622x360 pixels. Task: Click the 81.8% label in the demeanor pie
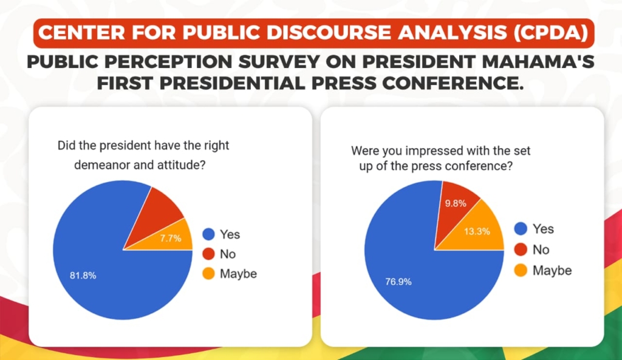pyautogui.click(x=83, y=275)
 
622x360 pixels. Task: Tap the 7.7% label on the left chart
pyautogui.click(x=171, y=239)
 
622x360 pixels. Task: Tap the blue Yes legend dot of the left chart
pyautogui.click(x=208, y=234)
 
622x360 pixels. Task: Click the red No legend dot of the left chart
pyautogui.click(x=208, y=254)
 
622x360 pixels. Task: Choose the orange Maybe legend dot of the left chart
pyautogui.click(x=208, y=274)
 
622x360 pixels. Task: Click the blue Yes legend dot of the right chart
pyautogui.click(x=521, y=229)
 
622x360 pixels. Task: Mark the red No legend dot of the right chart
pyautogui.click(x=521, y=250)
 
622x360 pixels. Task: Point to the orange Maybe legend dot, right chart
pyautogui.click(x=521, y=270)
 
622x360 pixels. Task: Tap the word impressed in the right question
pyautogui.click(x=433, y=149)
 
